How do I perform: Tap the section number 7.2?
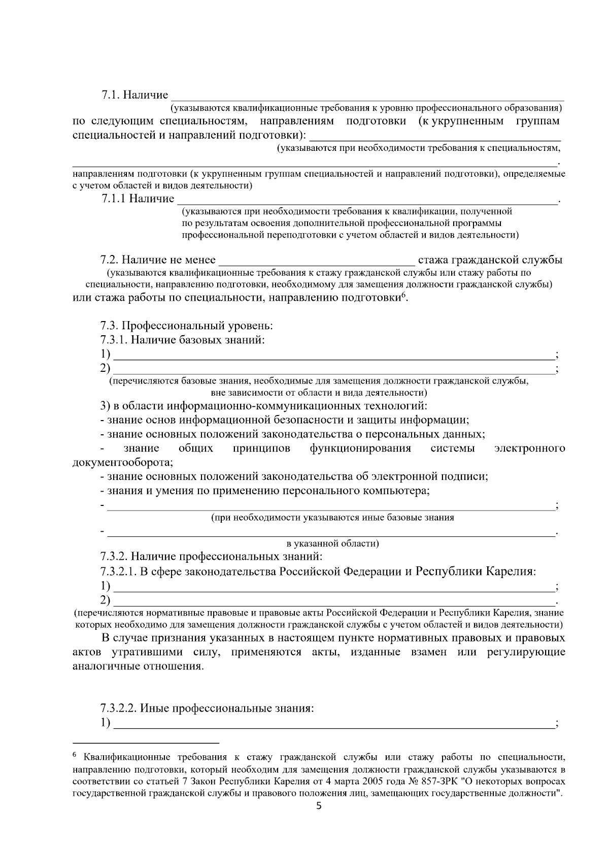[109, 260]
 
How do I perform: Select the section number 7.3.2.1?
[118, 571]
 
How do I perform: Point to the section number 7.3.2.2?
[118, 708]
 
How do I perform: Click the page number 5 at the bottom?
[319, 807]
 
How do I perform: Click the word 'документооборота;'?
[123, 463]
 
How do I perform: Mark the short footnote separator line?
[146, 743]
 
